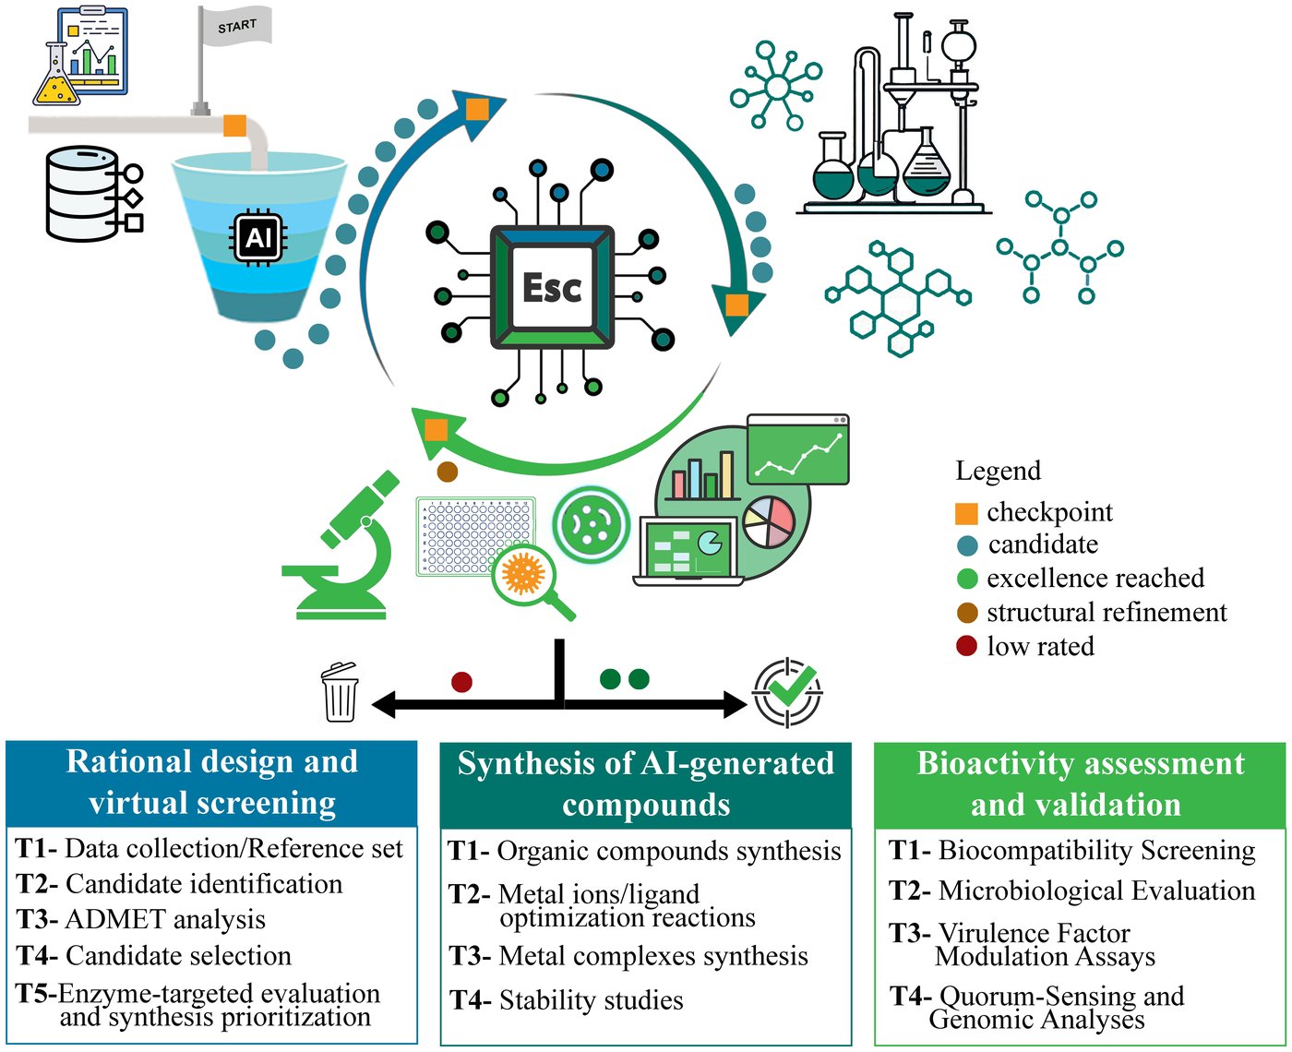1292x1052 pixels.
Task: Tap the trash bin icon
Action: coord(340,691)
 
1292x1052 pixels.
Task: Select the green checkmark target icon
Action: coord(787,692)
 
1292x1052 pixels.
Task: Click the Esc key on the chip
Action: coord(551,287)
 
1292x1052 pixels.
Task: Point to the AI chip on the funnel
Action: coord(257,237)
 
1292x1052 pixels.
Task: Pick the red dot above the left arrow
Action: coord(461,682)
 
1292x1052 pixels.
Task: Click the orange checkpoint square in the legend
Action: coord(966,513)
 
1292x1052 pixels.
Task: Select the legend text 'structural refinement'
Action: coord(1107,613)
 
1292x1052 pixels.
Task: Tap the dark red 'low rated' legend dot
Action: coord(966,646)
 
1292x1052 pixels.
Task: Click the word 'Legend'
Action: coord(999,471)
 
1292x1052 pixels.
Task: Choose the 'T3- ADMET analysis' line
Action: coord(140,919)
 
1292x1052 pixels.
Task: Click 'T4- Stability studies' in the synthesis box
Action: coord(566,999)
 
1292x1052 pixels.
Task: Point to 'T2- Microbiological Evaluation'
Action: coord(1071,891)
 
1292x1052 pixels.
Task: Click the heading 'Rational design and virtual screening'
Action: coord(211,783)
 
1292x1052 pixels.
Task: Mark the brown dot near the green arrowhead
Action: coord(447,472)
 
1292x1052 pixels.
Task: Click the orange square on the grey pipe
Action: coord(234,126)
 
